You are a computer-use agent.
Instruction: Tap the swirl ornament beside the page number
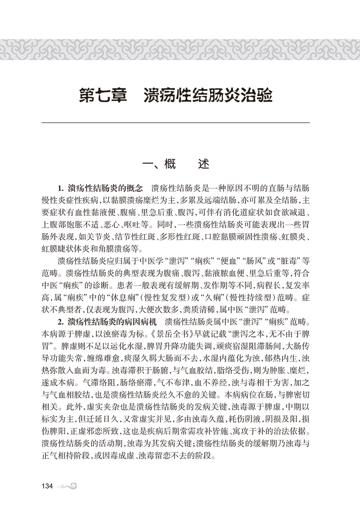[x=66, y=486]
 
